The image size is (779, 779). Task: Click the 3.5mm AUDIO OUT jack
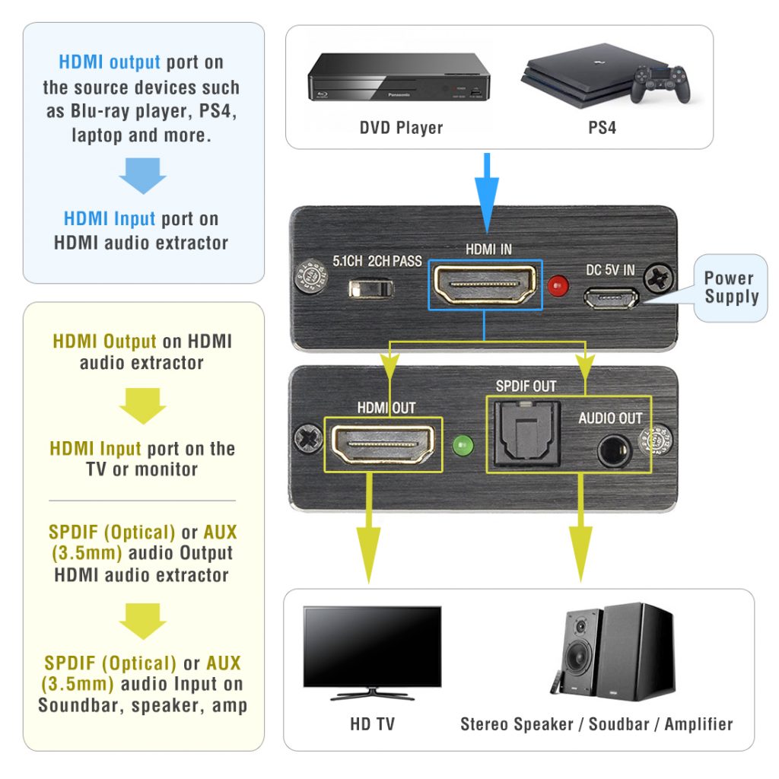click(x=611, y=451)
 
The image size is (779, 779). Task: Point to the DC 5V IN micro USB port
click(x=610, y=297)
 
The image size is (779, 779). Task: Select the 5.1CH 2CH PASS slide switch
click(x=370, y=290)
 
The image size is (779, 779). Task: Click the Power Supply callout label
click(x=731, y=288)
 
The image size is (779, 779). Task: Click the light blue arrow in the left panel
click(x=143, y=175)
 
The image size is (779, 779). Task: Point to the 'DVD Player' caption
click(x=401, y=127)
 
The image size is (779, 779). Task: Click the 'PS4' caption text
click(x=602, y=127)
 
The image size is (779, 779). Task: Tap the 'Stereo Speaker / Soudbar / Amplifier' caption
click(x=596, y=723)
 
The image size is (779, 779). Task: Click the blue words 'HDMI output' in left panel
click(x=110, y=62)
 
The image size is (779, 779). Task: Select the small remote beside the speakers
click(x=556, y=682)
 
